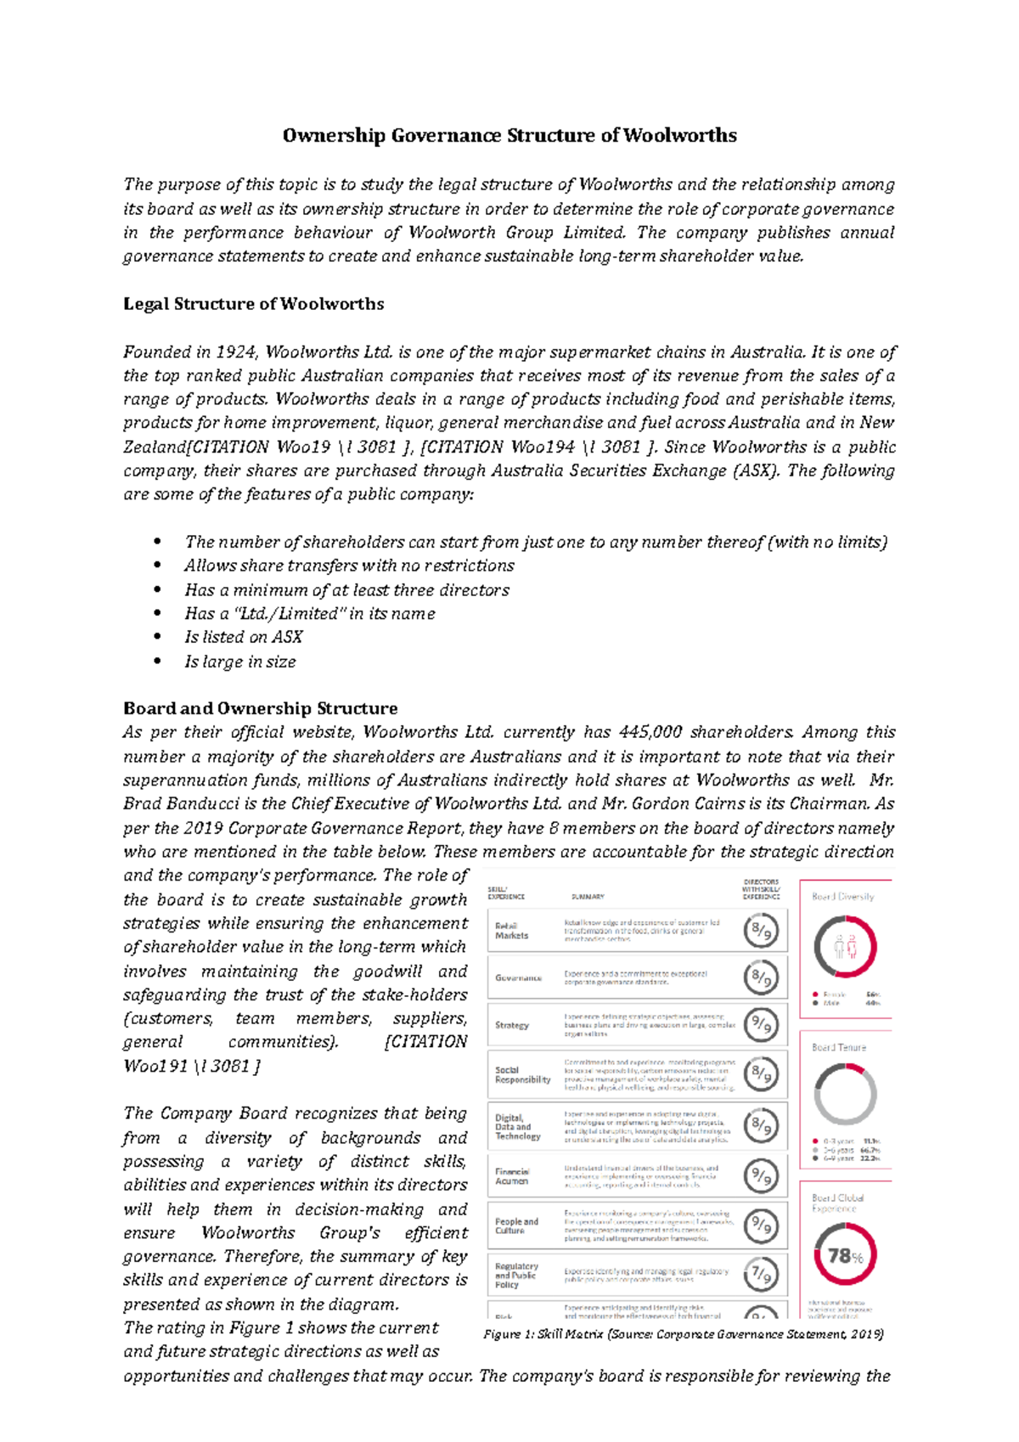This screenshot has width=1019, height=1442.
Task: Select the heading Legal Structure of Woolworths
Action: pos(253,304)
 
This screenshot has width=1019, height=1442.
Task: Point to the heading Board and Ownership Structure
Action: pos(260,708)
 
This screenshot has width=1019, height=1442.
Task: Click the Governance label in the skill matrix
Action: pos(518,977)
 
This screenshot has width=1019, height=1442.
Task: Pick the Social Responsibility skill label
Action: pos(522,1075)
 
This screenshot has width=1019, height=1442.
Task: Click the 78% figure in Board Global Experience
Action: pos(845,1256)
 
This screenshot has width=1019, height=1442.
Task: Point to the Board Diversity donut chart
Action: pos(845,947)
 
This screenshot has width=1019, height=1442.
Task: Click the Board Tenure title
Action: pos(839,1047)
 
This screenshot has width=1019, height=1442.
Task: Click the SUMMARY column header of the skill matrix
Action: pos(588,897)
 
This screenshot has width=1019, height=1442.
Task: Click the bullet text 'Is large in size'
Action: pos(240,662)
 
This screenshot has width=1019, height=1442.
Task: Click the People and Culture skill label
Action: pos(516,1225)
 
